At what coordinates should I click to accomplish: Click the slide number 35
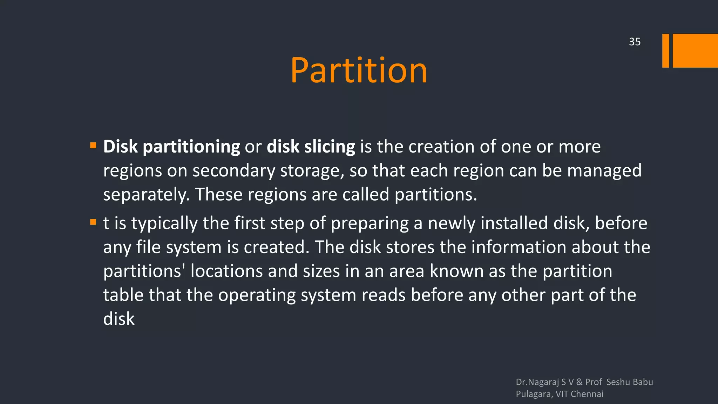(635, 42)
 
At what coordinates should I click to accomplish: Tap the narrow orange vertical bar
(665, 50)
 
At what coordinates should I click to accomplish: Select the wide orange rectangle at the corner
(695, 50)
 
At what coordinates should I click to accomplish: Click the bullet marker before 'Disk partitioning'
(93, 146)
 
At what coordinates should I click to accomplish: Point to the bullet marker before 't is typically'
(93, 222)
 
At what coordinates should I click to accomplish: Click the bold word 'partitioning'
(191, 147)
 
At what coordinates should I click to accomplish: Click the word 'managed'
(604, 171)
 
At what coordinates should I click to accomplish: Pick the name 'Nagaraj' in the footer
(543, 382)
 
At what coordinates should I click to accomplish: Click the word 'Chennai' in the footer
(587, 394)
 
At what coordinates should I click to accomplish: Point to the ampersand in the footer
(579, 382)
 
